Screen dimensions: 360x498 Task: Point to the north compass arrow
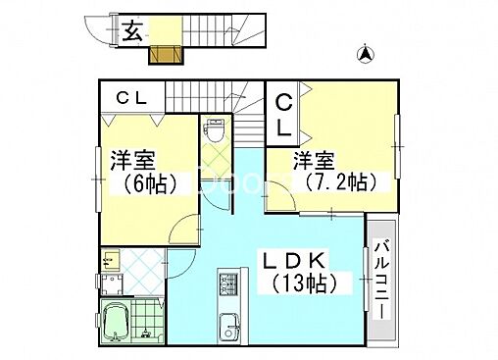coord(365,56)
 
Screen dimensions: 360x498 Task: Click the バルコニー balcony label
coord(381,280)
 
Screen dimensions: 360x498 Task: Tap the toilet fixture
coord(214,130)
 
